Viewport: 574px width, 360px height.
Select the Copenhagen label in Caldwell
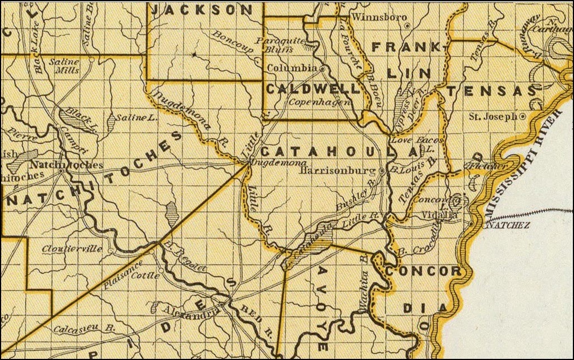[x=320, y=102]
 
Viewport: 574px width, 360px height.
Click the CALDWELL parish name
[x=312, y=88]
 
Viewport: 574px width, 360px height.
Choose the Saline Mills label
[x=65, y=66]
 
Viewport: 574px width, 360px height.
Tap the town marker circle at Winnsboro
[x=408, y=25]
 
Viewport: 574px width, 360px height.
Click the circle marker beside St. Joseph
[x=522, y=117]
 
